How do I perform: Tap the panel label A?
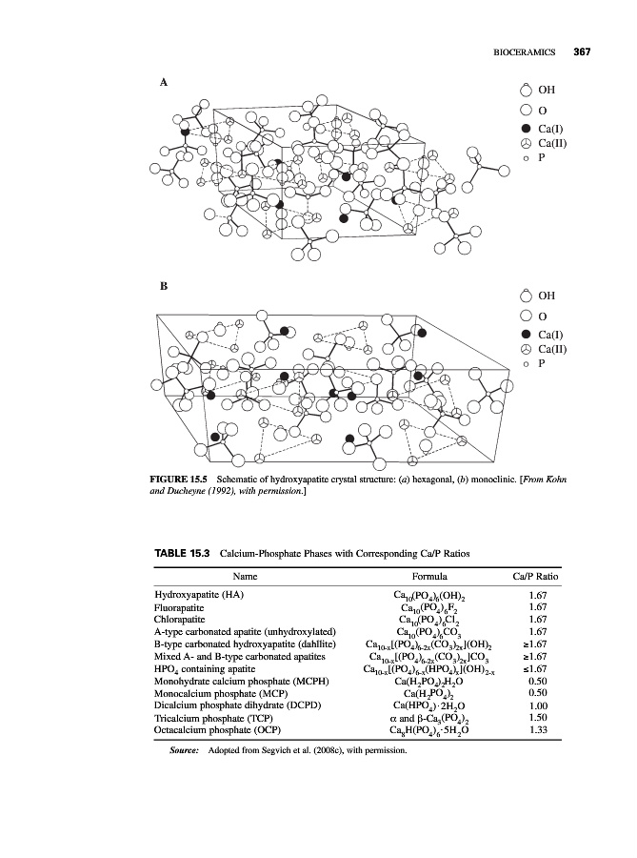[x=163, y=83]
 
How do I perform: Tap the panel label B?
[x=163, y=285]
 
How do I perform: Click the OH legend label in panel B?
[x=547, y=296]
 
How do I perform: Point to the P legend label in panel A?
[x=541, y=158]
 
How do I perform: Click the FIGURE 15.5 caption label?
[x=181, y=478]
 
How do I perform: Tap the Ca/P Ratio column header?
[x=535, y=577]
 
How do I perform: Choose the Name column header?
[x=246, y=577]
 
